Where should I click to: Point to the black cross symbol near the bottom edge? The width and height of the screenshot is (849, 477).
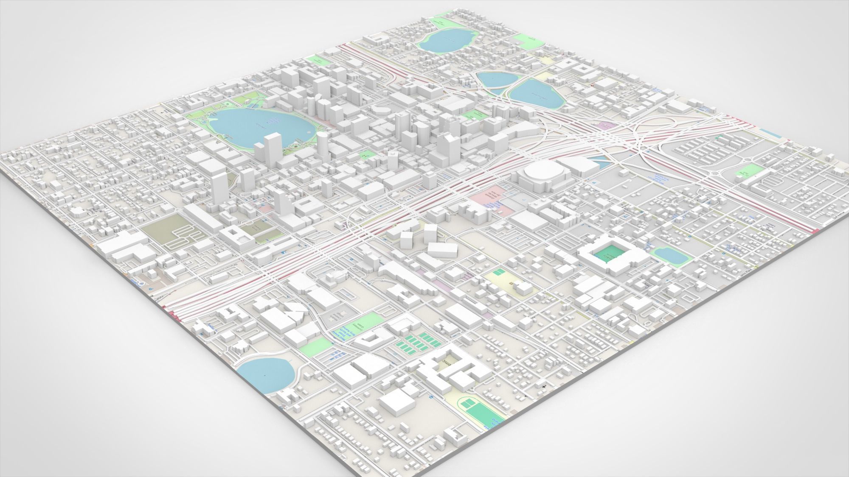click(x=545, y=386)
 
